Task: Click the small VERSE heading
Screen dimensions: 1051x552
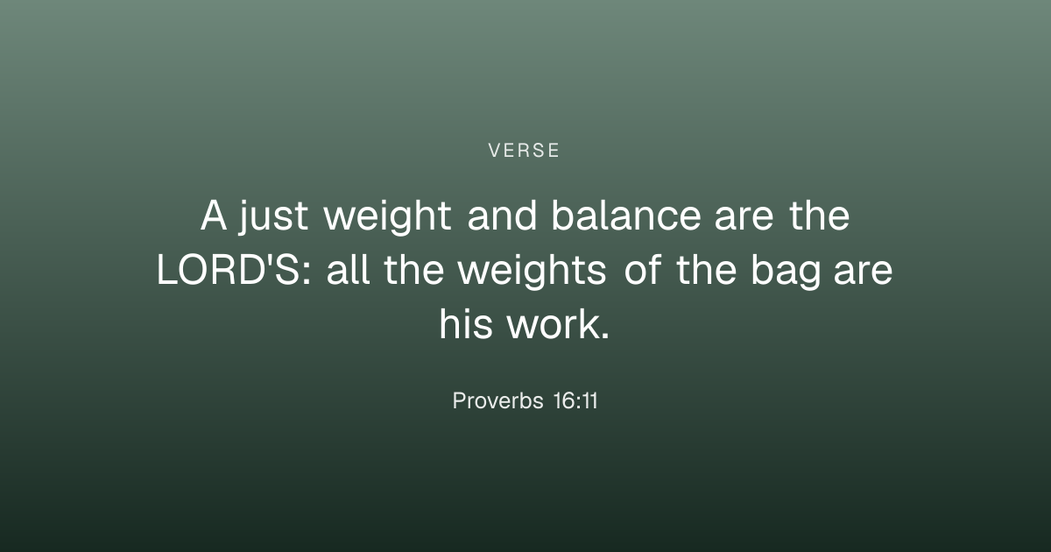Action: [x=524, y=151]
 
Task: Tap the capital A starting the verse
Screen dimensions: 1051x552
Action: [x=214, y=216]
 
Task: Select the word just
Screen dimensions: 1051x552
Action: [x=273, y=217]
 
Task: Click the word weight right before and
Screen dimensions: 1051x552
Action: [x=387, y=217]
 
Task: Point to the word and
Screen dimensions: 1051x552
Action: [x=502, y=215]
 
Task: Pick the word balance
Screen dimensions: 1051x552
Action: [x=626, y=215]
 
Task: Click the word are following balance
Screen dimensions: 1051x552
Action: [x=744, y=219]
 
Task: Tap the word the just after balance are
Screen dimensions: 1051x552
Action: [x=820, y=215]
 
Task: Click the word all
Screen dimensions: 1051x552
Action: [x=349, y=270]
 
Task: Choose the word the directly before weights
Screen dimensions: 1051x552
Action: [x=414, y=270]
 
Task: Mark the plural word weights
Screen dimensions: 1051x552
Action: [x=533, y=272]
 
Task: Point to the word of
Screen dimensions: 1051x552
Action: [x=643, y=270]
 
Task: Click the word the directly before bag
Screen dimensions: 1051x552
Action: [x=707, y=270]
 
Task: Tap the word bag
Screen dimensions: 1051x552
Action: [x=786, y=272]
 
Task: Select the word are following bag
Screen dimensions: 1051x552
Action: [x=864, y=273]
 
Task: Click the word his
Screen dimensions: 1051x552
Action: [x=466, y=324]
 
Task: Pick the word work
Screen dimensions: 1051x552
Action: [x=559, y=324]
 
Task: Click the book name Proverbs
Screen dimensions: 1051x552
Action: [x=497, y=400]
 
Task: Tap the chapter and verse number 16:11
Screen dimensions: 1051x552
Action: [x=575, y=400]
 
